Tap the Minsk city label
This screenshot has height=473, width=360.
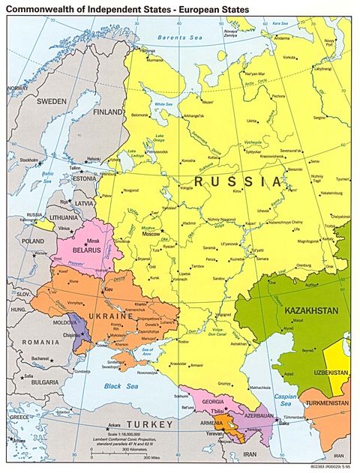pyautogui.click(x=94, y=239)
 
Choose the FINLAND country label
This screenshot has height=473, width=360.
pyautogui.click(x=109, y=112)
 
